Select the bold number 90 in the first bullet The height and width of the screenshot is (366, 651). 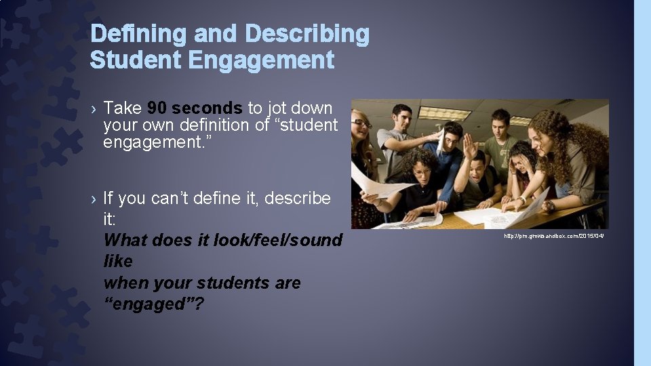click(x=157, y=108)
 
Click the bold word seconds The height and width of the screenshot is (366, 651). click(x=207, y=108)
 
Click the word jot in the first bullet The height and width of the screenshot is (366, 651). click(x=278, y=108)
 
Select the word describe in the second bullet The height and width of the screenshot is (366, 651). click(x=298, y=199)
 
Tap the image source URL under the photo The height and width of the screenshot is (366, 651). click(x=553, y=235)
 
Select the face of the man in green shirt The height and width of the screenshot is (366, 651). click(x=500, y=121)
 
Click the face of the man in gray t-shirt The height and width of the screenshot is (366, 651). click(x=402, y=116)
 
